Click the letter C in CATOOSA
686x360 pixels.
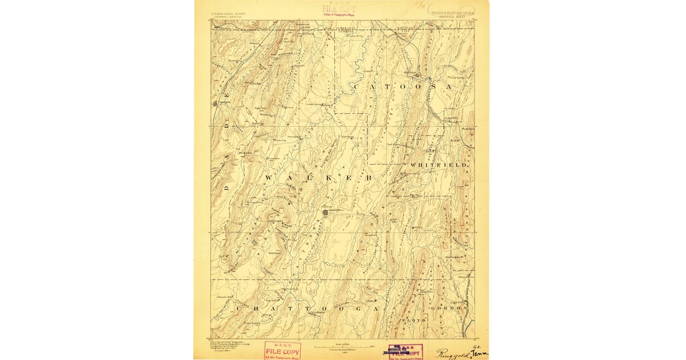point(356,87)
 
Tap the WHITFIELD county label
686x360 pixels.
point(442,165)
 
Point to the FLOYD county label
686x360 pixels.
point(416,321)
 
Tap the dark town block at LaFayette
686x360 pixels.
point(325,212)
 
